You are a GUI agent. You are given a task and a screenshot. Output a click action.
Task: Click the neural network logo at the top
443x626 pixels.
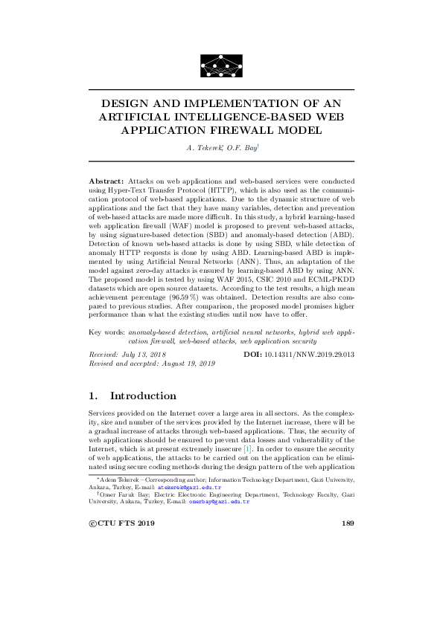point(221,66)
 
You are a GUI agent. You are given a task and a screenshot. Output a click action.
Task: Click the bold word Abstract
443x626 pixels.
point(106,181)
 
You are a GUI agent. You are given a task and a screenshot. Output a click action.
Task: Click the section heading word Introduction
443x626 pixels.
point(143,396)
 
